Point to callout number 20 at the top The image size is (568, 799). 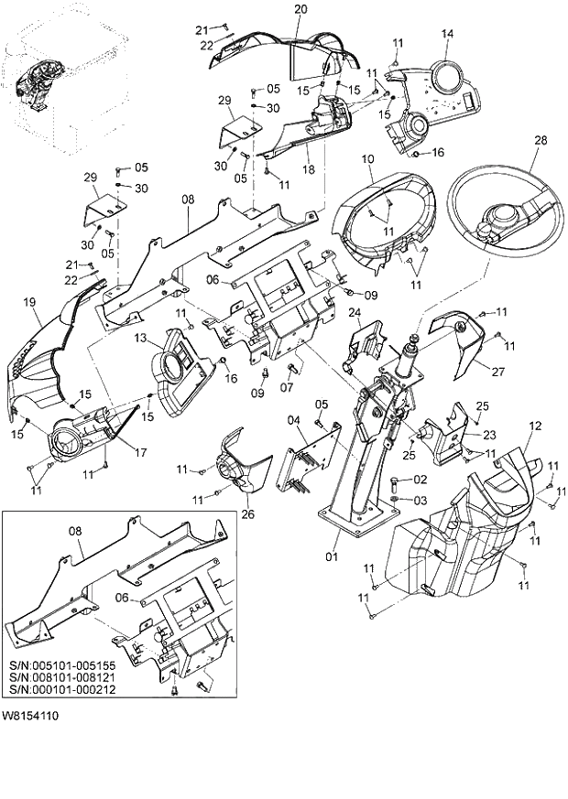tap(300, 9)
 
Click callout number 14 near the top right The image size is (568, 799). tap(447, 34)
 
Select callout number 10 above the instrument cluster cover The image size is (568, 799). tap(367, 158)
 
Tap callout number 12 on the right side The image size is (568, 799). tap(535, 426)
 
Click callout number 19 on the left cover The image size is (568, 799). tap(29, 301)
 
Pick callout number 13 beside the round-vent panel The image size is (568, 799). tap(140, 339)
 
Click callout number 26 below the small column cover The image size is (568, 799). tap(247, 513)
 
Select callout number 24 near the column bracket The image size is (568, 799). tap(355, 313)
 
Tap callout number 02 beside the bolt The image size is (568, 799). tap(421, 480)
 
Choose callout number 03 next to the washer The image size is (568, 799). tap(421, 500)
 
